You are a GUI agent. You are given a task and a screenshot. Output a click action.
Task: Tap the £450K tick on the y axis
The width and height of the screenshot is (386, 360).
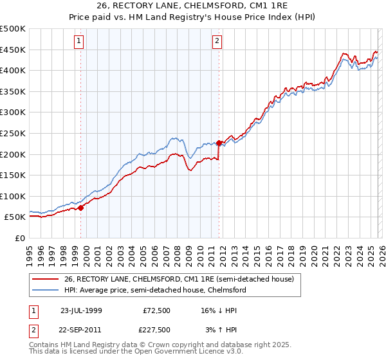[x=13, y=50]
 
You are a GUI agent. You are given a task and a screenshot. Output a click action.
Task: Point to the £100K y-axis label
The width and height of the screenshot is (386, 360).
[x=13, y=196]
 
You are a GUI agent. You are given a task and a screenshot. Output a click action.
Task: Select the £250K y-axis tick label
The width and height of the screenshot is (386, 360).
[x=13, y=133]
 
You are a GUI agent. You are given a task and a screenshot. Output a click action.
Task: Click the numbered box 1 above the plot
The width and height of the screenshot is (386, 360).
[x=78, y=42]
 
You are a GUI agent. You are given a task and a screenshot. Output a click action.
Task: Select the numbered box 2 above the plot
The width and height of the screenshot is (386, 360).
[x=217, y=42]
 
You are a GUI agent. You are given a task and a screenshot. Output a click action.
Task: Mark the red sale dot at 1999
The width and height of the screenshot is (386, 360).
[x=81, y=208]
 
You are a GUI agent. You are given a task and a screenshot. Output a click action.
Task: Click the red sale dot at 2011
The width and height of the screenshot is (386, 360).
[x=219, y=143]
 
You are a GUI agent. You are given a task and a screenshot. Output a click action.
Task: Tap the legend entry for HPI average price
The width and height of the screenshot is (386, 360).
[x=155, y=290]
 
